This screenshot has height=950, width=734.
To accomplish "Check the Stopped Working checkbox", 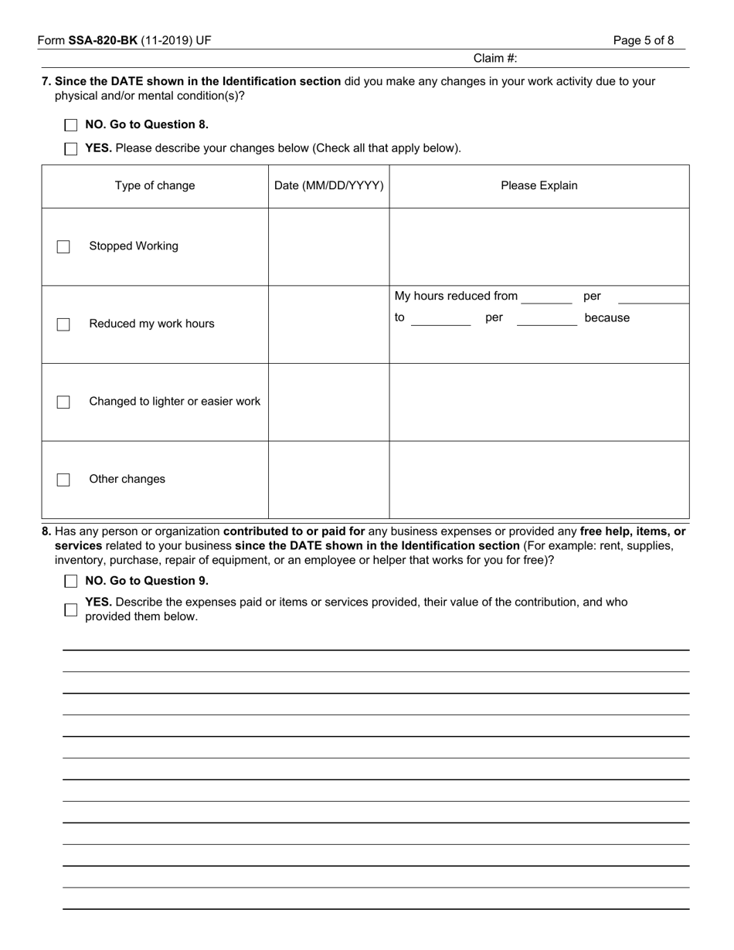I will tap(63, 247).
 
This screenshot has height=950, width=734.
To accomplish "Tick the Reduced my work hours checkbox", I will tap(63, 324).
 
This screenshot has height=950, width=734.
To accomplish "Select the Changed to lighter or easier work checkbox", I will tap(63, 402).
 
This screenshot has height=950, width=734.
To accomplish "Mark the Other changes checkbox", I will tap(63, 480).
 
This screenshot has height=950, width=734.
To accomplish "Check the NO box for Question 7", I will tap(71, 125).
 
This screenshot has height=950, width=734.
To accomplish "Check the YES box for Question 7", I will tap(71, 149).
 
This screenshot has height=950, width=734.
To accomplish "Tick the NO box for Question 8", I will tap(71, 582).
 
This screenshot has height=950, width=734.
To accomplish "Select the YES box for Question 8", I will tap(71, 609).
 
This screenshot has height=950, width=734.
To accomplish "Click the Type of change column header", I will tap(155, 186).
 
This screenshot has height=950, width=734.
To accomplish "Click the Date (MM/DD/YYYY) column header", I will tap(329, 186).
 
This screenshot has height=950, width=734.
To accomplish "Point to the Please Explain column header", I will tap(539, 186).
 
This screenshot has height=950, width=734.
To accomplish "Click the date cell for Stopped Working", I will tap(329, 247).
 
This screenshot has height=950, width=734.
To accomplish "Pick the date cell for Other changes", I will tap(329, 480).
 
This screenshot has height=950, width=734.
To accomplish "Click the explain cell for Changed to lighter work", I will tap(539, 402).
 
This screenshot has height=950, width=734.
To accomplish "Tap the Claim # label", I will tap(495, 59).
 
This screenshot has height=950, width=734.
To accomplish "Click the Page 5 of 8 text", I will tap(644, 41).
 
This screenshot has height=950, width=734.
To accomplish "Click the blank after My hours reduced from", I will tap(547, 297).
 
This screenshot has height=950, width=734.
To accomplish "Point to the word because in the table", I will tap(607, 318).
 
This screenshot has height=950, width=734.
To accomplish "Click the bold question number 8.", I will tap(47, 531).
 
